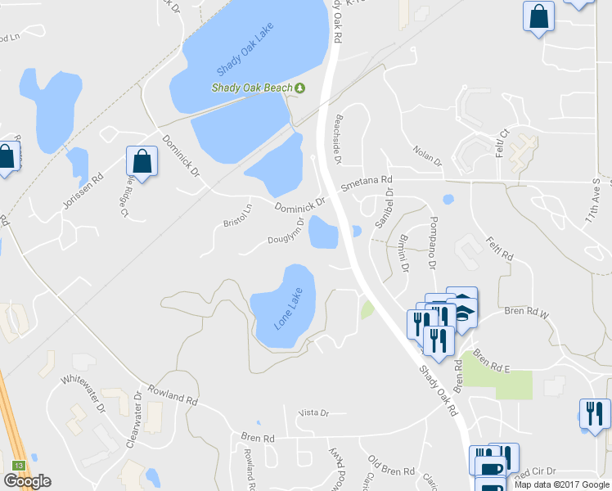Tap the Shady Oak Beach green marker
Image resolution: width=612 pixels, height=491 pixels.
click(x=300, y=88)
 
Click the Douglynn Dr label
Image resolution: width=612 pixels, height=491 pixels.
click(x=286, y=232)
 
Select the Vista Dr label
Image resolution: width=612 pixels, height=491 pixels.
click(x=313, y=413)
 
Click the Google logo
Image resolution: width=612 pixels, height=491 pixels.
click(x=27, y=481)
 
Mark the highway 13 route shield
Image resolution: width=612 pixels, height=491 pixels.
click(x=18, y=466)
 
